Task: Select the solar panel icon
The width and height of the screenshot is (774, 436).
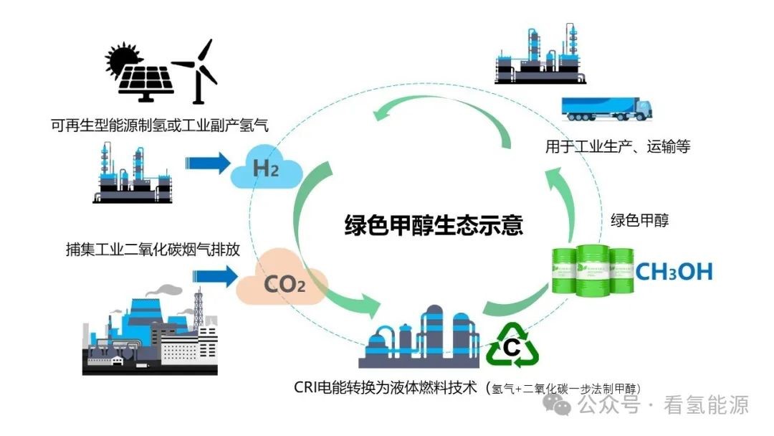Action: pyautogui.click(x=146, y=81)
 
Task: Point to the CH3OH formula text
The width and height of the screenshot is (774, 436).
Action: pyautogui.click(x=674, y=272)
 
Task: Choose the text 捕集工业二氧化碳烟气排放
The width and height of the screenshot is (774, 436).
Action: pyautogui.click(x=150, y=250)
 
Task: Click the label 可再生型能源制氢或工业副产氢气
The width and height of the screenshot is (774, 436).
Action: pyautogui.click(x=159, y=125)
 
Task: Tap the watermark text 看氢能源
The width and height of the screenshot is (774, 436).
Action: pyautogui.click(x=707, y=405)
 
